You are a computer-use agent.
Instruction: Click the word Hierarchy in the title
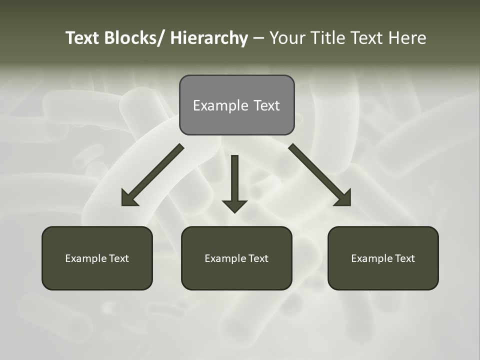click(x=208, y=38)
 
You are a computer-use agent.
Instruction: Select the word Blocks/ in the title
click(x=135, y=38)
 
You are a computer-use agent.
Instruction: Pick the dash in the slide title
click(x=258, y=38)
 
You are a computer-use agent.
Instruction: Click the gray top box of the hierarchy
click(x=236, y=105)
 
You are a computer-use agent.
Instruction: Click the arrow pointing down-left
click(x=152, y=175)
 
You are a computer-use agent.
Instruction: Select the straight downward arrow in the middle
click(x=234, y=182)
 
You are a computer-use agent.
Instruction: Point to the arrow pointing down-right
click(x=320, y=175)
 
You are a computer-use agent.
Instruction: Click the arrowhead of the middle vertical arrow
click(x=234, y=205)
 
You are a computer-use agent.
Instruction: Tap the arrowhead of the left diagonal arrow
click(x=128, y=198)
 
